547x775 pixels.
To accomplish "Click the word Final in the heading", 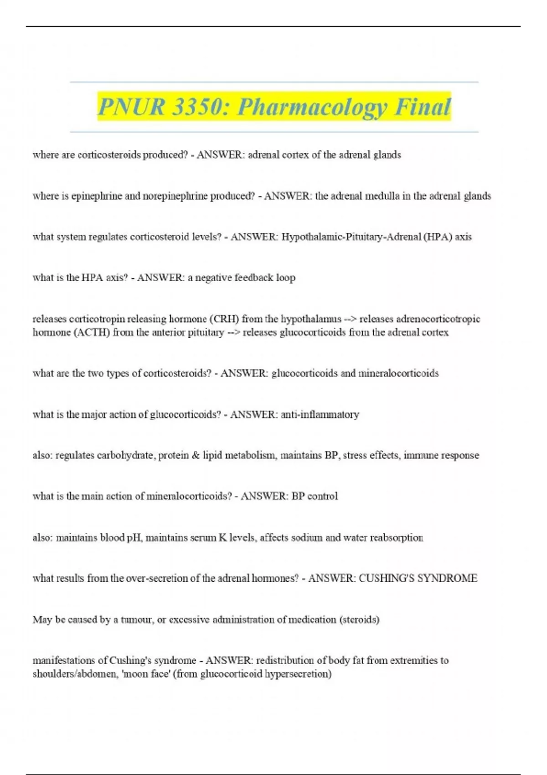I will pyautogui.click(x=423, y=107).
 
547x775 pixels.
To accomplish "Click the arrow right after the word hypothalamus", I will pyautogui.click(x=350, y=319).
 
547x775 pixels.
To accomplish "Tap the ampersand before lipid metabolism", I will pyautogui.click(x=196, y=455).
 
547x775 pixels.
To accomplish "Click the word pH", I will pyautogui.click(x=134, y=537).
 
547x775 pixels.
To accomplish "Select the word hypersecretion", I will pyautogui.click(x=298, y=674).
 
